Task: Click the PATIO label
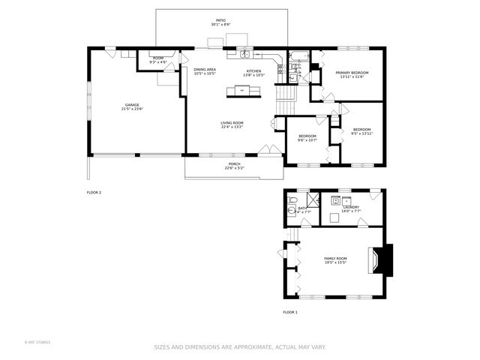coord(220,22)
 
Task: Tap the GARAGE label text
coord(132,106)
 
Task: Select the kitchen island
coord(242,91)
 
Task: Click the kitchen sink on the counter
coord(245,54)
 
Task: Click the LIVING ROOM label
coord(232,124)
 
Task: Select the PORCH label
coord(234,166)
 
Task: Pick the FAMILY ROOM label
coord(335,259)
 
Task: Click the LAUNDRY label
coord(351,209)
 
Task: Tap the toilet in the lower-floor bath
coord(292,211)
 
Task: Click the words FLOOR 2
coord(94,193)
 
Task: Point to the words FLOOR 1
coord(290,312)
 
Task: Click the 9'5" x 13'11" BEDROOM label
coord(362,131)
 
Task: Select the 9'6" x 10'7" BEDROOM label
coord(307,138)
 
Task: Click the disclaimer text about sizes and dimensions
coord(240,346)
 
